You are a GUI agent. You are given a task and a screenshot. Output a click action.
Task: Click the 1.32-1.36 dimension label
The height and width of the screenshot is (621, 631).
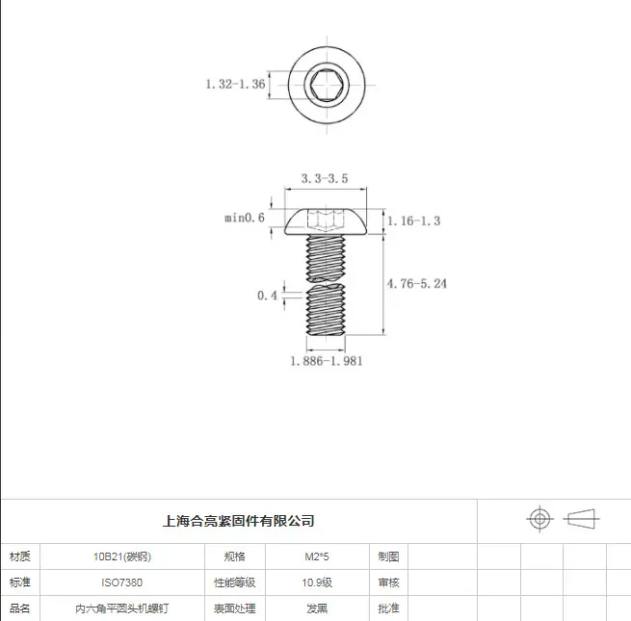(x=235, y=84)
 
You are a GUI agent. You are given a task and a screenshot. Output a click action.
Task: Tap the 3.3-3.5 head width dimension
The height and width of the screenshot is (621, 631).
(x=325, y=178)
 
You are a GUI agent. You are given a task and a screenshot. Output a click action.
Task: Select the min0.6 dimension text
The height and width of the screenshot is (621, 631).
(x=245, y=218)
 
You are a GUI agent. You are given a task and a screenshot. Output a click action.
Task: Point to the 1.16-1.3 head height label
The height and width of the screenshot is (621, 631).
(x=413, y=220)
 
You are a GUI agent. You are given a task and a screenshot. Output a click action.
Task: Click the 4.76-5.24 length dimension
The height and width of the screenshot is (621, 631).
(x=417, y=284)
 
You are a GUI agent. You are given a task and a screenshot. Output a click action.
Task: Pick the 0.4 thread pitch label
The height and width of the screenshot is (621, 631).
(x=267, y=296)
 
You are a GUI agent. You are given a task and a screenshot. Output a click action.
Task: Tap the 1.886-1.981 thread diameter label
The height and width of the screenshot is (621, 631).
(x=327, y=361)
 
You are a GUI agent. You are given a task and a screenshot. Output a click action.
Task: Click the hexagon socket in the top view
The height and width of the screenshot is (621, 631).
(x=327, y=86)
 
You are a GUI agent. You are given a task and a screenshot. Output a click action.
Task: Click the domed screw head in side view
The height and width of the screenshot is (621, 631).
(x=326, y=221)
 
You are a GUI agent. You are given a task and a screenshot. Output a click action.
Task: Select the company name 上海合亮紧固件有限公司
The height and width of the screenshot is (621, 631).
(x=239, y=521)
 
